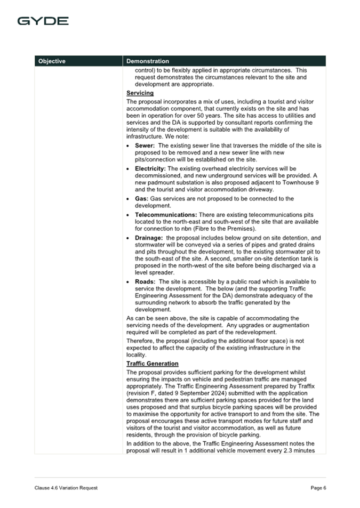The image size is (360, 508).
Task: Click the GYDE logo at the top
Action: click(x=43, y=21)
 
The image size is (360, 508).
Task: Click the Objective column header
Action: click(x=52, y=61)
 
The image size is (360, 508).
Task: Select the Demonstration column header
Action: click(x=148, y=61)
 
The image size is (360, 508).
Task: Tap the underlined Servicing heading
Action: click(x=140, y=93)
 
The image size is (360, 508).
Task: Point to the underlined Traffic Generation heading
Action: click(x=153, y=364)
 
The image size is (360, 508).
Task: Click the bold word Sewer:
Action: click(x=145, y=146)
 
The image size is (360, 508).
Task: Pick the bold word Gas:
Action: click(x=141, y=198)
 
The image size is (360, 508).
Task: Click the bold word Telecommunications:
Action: click(x=165, y=214)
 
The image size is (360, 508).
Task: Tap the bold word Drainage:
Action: click(x=149, y=238)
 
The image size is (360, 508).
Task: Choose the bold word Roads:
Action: click(x=145, y=281)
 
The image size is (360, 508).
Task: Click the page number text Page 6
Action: click(x=318, y=488)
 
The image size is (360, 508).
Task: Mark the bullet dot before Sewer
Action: click(x=130, y=146)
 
